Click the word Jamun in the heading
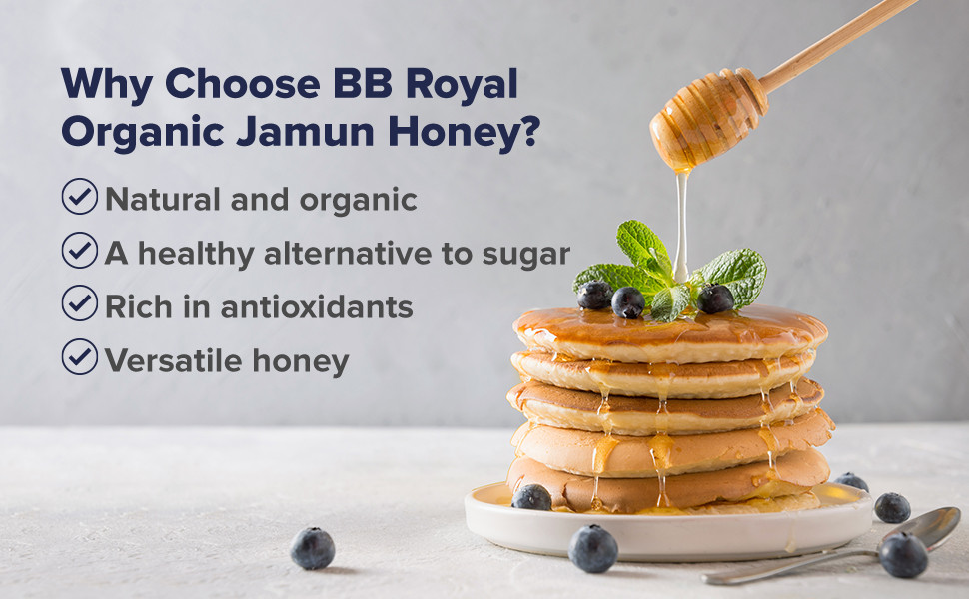(x=305, y=132)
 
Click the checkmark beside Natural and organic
(x=80, y=197)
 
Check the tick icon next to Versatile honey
(x=80, y=357)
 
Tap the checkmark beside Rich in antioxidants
(x=80, y=303)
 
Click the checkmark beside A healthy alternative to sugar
(x=80, y=251)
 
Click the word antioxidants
(x=317, y=306)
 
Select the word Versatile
(x=174, y=360)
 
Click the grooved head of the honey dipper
(x=708, y=119)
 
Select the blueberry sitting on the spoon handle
(x=903, y=555)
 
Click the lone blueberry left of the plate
(x=313, y=548)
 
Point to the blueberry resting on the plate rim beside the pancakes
(x=532, y=497)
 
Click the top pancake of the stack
(x=670, y=334)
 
